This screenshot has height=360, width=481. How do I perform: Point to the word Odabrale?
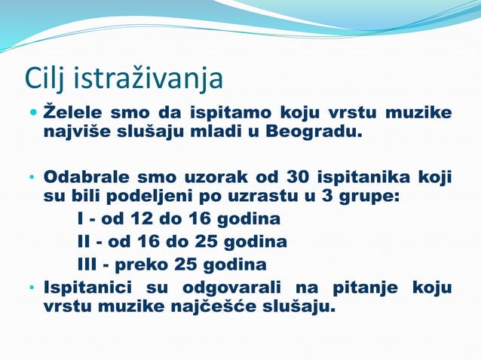click(x=84, y=178)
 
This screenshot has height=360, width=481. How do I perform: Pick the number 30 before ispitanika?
click(x=299, y=178)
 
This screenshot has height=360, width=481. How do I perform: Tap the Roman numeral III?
click(x=90, y=264)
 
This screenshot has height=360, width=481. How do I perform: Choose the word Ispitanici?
click(x=87, y=288)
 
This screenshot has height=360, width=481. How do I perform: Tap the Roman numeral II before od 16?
click(x=85, y=243)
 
